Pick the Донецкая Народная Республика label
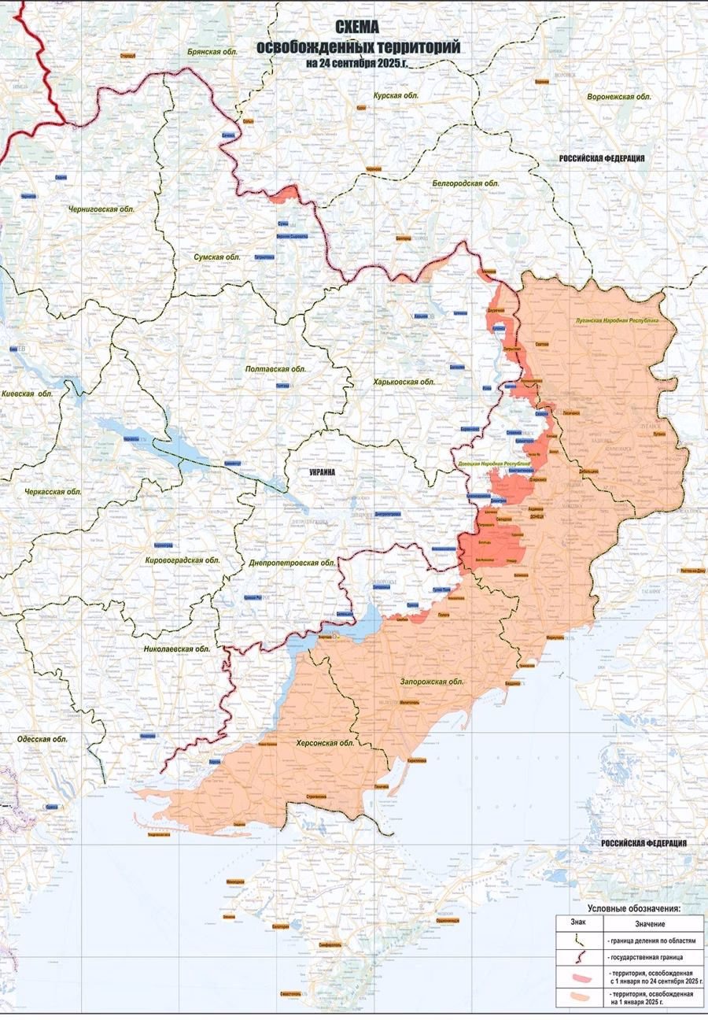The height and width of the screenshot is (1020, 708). pyautogui.click(x=495, y=464)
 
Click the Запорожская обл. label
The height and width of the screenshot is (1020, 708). pyautogui.click(x=432, y=682)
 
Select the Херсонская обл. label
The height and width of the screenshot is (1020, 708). pyautogui.click(x=322, y=742)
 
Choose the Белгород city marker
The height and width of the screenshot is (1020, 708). pyautogui.click(x=404, y=236)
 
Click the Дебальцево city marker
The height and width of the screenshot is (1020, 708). pyautogui.click(x=591, y=471)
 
